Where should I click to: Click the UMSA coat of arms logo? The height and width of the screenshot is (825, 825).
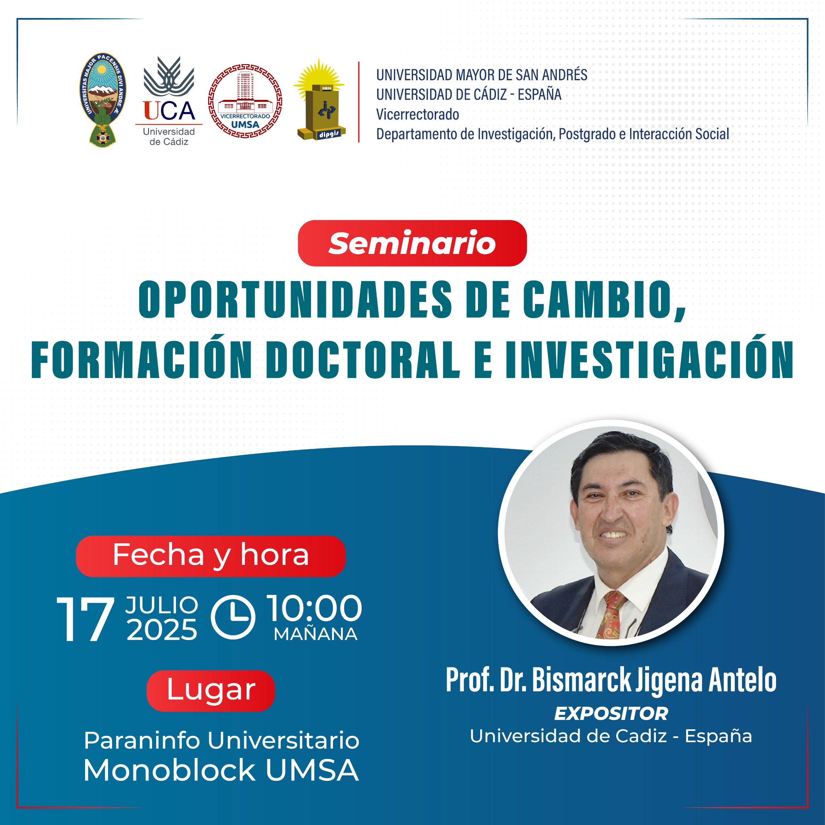tap(102, 100)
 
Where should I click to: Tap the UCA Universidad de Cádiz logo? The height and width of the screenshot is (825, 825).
tap(169, 101)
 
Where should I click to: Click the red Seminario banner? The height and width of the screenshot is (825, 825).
tap(412, 243)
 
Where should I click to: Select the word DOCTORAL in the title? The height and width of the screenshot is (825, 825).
tap(363, 360)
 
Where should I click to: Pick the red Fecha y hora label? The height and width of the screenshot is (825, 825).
tap(210, 556)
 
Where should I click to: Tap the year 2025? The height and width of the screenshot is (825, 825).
tap(162, 630)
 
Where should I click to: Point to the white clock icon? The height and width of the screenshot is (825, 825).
tap(233, 617)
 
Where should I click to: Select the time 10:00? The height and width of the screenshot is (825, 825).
tap(314, 608)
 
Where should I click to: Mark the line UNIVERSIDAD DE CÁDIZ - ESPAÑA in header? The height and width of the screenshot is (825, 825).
tap(469, 94)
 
